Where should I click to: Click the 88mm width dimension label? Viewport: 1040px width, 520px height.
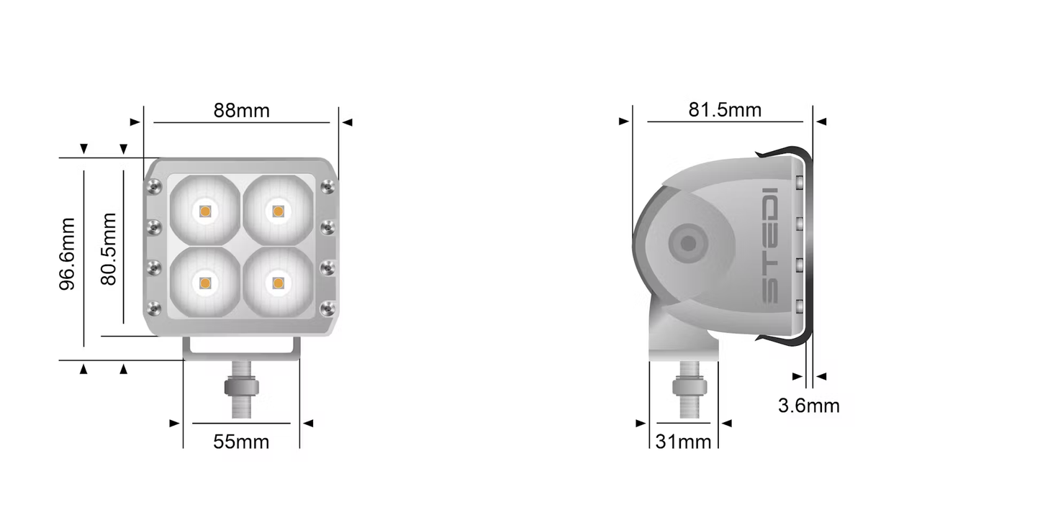(241, 111)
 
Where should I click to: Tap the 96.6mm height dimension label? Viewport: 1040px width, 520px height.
(68, 254)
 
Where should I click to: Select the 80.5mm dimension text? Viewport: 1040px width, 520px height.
(108, 249)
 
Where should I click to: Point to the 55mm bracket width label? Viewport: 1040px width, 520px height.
(241, 442)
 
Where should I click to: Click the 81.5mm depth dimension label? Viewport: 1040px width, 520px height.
(725, 109)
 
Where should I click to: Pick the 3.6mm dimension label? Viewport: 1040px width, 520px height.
(808, 406)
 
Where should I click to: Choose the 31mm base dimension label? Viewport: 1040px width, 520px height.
(683, 442)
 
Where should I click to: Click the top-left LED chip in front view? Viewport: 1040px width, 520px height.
(205, 211)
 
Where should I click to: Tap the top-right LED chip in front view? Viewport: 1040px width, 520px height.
(277, 211)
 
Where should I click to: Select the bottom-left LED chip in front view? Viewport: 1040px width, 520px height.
(205, 283)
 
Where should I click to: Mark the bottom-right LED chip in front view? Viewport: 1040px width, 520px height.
(277, 283)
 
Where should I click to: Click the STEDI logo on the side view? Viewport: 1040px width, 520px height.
(769, 245)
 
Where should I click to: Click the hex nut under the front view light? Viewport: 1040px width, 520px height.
(241, 388)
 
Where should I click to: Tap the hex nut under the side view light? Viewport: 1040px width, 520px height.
(689, 388)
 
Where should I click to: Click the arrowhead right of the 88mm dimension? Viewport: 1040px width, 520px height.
(348, 122)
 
